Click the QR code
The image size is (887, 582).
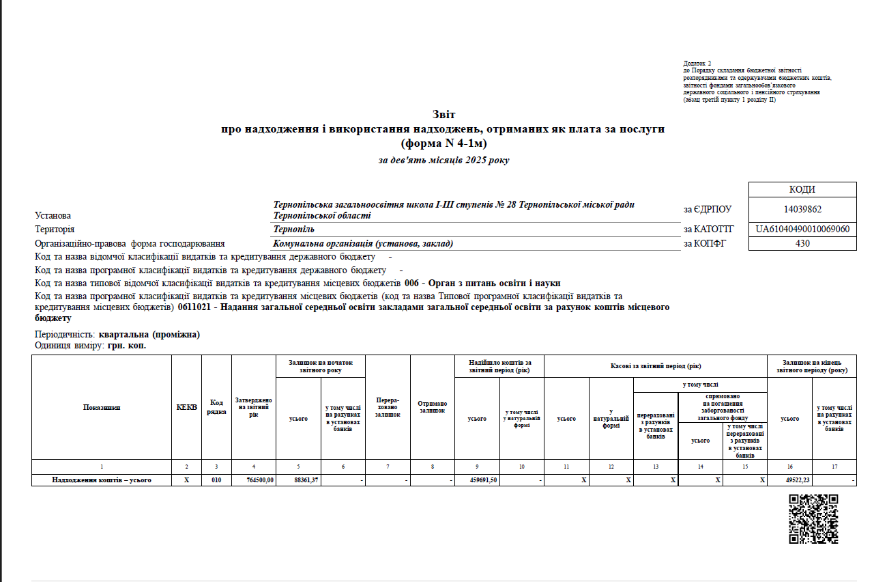813,518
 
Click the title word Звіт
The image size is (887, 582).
443,114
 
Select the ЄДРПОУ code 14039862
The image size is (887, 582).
802,210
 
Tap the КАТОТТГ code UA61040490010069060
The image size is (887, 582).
802,229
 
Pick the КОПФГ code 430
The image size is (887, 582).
802,243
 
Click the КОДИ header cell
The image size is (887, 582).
802,190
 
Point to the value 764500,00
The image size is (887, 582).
260,480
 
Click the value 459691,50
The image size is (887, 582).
483,480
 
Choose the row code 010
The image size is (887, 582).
216,480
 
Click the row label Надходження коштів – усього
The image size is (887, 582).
102,480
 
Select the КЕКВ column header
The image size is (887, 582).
186,407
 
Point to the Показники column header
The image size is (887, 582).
102,407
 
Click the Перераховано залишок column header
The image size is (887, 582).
388,407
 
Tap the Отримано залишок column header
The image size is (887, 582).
432,407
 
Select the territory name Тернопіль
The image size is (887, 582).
295,230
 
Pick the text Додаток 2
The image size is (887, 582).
697,63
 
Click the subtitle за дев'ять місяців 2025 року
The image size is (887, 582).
443,161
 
